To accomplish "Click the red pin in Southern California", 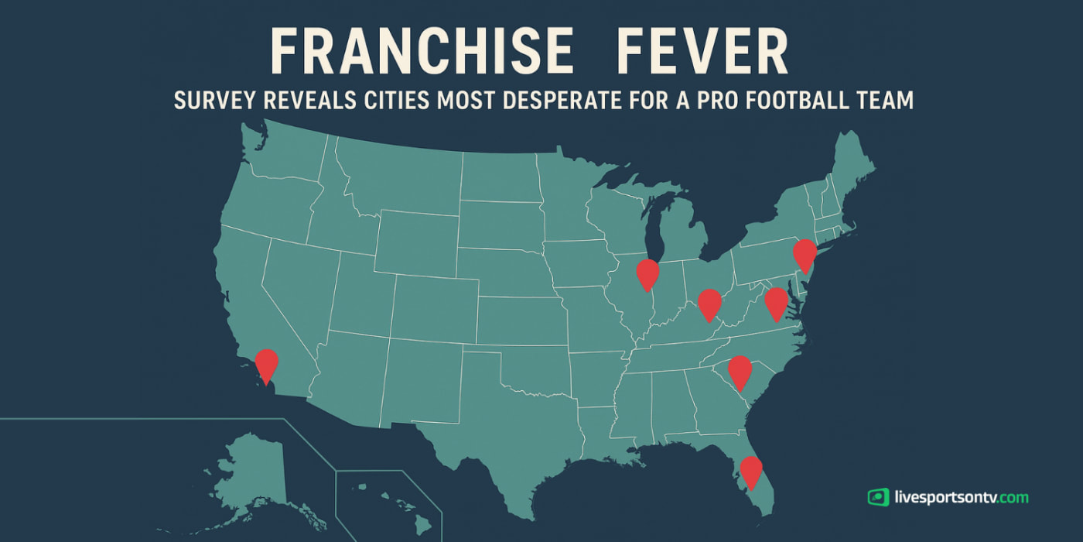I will coord(266,363).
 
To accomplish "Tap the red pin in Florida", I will coord(750,470).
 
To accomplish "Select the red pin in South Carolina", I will coord(740,370).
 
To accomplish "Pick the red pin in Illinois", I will coord(647,273).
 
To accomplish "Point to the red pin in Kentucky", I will coord(709,303).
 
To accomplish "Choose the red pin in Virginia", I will coord(776,301).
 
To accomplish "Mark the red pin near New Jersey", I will coord(805,254).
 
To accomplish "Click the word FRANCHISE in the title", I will coord(422,54).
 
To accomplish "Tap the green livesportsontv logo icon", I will coord(878,497).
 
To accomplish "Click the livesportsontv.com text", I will coord(960,497).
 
